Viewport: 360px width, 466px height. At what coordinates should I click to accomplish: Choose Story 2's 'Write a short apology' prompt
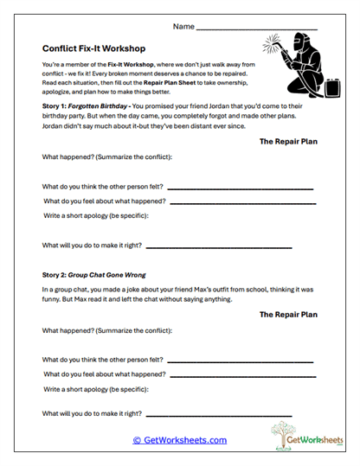[x=103, y=390]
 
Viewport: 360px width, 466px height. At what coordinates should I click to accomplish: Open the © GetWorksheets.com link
[x=179, y=440]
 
